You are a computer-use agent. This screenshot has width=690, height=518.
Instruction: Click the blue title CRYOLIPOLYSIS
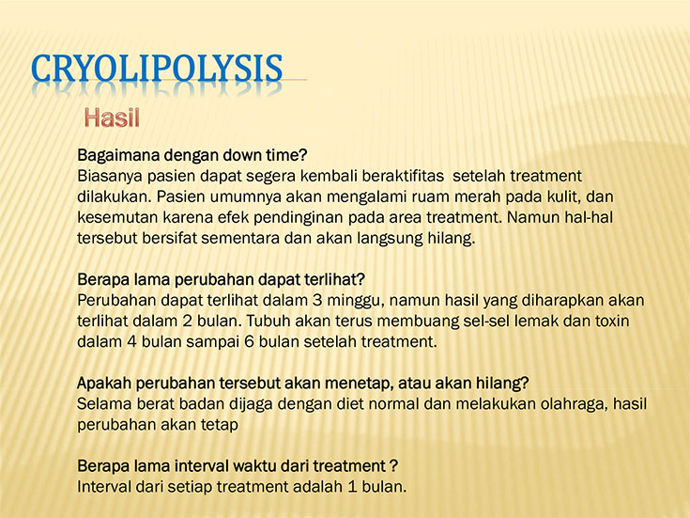tap(157, 69)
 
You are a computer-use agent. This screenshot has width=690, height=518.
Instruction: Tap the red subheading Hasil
tap(112, 118)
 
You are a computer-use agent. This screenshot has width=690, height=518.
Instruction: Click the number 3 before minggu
tap(317, 300)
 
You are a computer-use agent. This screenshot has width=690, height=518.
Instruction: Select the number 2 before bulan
tap(188, 321)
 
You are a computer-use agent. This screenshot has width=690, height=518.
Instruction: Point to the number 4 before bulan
tap(132, 341)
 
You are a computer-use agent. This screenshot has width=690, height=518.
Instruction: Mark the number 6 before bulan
tap(250, 341)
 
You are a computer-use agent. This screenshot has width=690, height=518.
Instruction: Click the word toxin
tap(612, 321)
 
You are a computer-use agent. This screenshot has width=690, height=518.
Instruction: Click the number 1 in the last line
tap(352, 487)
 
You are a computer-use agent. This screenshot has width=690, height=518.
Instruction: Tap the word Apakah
tap(104, 384)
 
